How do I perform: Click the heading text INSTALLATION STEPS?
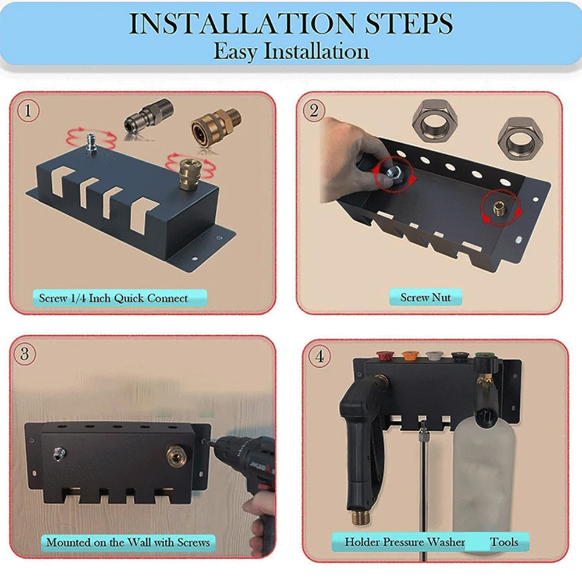(x=290, y=24)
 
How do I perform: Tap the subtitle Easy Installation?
(x=290, y=51)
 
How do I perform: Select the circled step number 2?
(x=314, y=111)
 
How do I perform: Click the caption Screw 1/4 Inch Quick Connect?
(x=113, y=299)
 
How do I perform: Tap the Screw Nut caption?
(x=425, y=297)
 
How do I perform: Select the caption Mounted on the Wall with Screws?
(x=128, y=542)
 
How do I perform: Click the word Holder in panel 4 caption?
(x=361, y=542)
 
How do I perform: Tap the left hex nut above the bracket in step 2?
(x=435, y=122)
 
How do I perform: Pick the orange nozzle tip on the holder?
(x=410, y=354)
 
